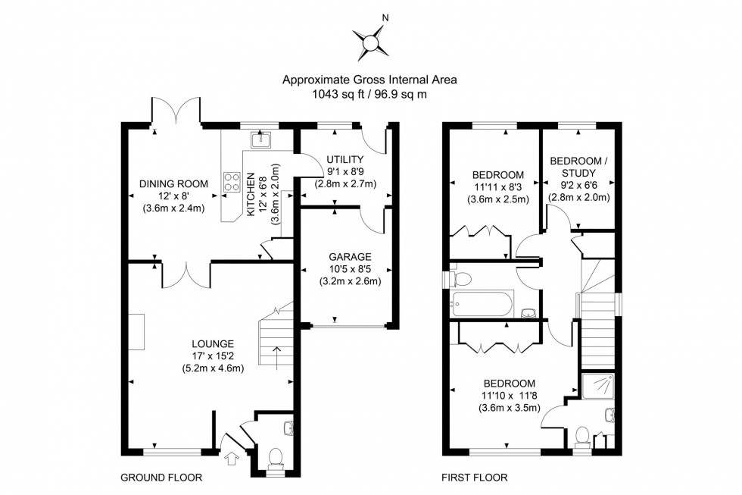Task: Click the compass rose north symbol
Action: (x=370, y=43)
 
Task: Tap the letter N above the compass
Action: (x=385, y=18)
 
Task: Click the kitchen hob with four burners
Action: (x=232, y=181)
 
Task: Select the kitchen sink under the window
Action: (x=260, y=139)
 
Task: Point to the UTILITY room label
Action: (x=345, y=160)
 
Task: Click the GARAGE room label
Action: (x=350, y=257)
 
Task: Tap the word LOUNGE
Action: (x=213, y=344)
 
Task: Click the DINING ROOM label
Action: (x=173, y=183)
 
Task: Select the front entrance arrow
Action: (x=232, y=459)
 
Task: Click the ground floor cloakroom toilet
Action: (x=275, y=459)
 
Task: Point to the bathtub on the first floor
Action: (x=482, y=305)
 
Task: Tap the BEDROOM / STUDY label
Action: (x=578, y=168)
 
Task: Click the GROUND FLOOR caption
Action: (x=161, y=478)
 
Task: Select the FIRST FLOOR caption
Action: (x=475, y=478)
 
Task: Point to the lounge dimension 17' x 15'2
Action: (x=213, y=356)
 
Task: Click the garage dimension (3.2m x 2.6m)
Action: (x=350, y=281)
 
